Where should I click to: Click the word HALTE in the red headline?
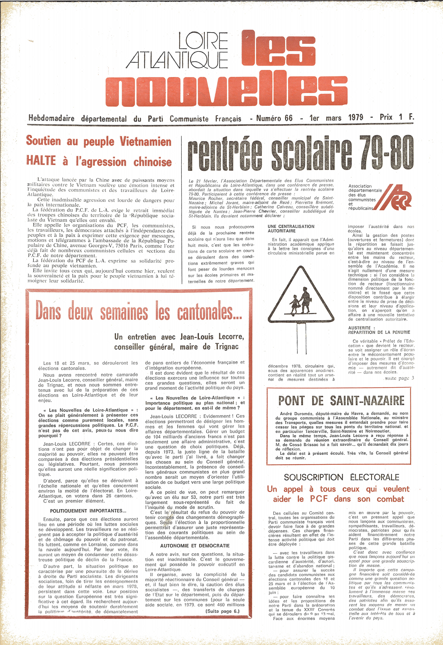pos(41,161)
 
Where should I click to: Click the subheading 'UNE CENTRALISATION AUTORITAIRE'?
pos(291,229)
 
